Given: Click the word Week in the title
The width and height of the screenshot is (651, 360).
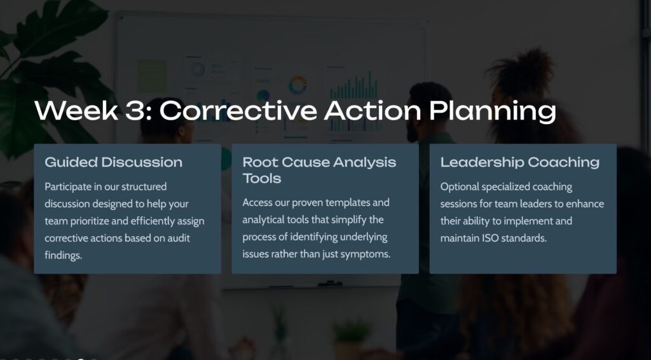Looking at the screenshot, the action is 76,111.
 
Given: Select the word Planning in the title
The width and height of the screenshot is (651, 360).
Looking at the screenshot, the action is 493,112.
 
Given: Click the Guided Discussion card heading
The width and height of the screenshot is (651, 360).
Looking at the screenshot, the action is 113,162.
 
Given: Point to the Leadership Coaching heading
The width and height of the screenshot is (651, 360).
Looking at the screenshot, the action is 520,162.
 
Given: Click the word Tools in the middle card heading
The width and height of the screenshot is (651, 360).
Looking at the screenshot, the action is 261,178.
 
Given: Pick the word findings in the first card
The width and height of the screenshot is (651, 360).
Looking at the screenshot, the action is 63,255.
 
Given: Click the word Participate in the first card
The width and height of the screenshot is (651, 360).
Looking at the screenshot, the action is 67,187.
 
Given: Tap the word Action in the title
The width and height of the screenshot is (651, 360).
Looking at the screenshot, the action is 373,111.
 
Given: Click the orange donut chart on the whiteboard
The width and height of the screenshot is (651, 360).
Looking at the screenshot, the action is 298,85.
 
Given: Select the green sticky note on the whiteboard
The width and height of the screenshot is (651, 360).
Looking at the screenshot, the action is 153,76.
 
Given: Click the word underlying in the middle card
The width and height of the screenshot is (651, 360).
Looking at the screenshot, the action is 363,237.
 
